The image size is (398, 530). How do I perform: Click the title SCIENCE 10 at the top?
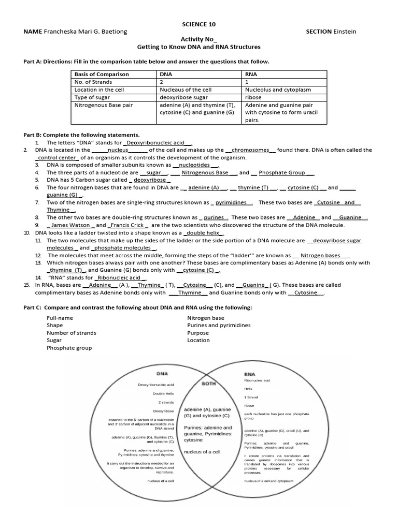click(x=199, y=24)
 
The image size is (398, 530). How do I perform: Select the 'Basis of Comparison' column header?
click(x=102, y=74)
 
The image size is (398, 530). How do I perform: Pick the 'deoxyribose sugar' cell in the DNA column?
click(x=184, y=97)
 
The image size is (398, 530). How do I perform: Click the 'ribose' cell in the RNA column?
click(x=253, y=97)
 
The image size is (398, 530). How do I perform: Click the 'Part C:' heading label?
click(x=33, y=308)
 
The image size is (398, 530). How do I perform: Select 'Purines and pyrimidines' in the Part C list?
click(x=219, y=326)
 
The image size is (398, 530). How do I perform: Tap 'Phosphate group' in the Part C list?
click(x=69, y=348)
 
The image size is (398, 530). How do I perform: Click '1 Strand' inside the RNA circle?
click(x=251, y=397)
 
